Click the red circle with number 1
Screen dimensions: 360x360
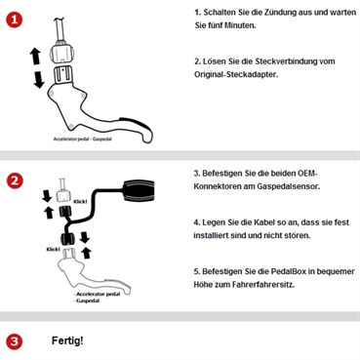pos(14,21)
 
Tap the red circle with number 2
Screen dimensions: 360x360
pos(14,181)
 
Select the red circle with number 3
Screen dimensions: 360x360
pos(14,341)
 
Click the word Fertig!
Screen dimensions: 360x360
pos(67,341)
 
